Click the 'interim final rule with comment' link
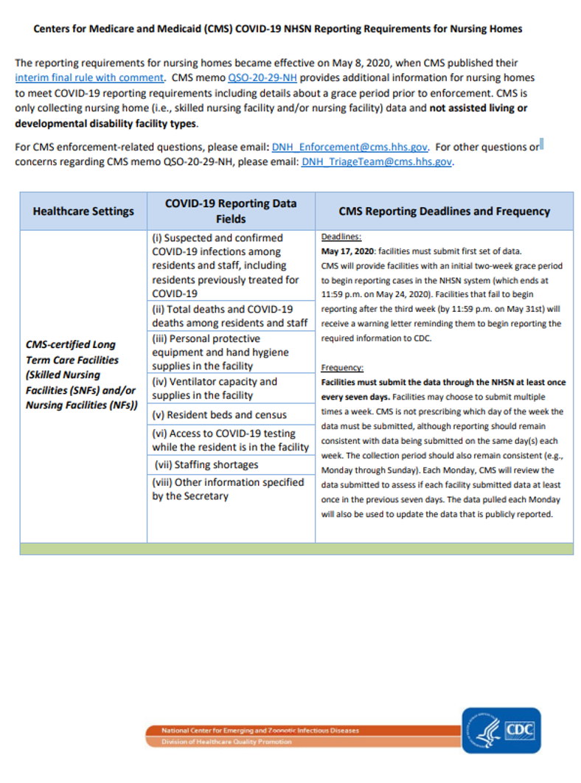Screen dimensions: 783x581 (x=89, y=77)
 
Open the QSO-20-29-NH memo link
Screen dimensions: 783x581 (x=262, y=77)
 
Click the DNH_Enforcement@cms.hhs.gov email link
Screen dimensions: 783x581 (x=350, y=147)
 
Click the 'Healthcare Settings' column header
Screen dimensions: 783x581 (x=83, y=211)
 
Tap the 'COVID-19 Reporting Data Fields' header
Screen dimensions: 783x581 (x=231, y=211)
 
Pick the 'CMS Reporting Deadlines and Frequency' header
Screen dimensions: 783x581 (x=444, y=211)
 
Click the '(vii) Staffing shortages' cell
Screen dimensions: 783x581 (x=207, y=464)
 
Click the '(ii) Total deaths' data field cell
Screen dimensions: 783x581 (x=229, y=316)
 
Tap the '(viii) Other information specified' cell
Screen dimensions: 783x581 (x=228, y=489)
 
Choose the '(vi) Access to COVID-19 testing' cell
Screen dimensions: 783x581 (x=229, y=440)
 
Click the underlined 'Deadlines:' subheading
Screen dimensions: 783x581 (x=341, y=237)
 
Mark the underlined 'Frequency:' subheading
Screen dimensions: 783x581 (x=342, y=367)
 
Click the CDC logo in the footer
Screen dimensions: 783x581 (x=520, y=730)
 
